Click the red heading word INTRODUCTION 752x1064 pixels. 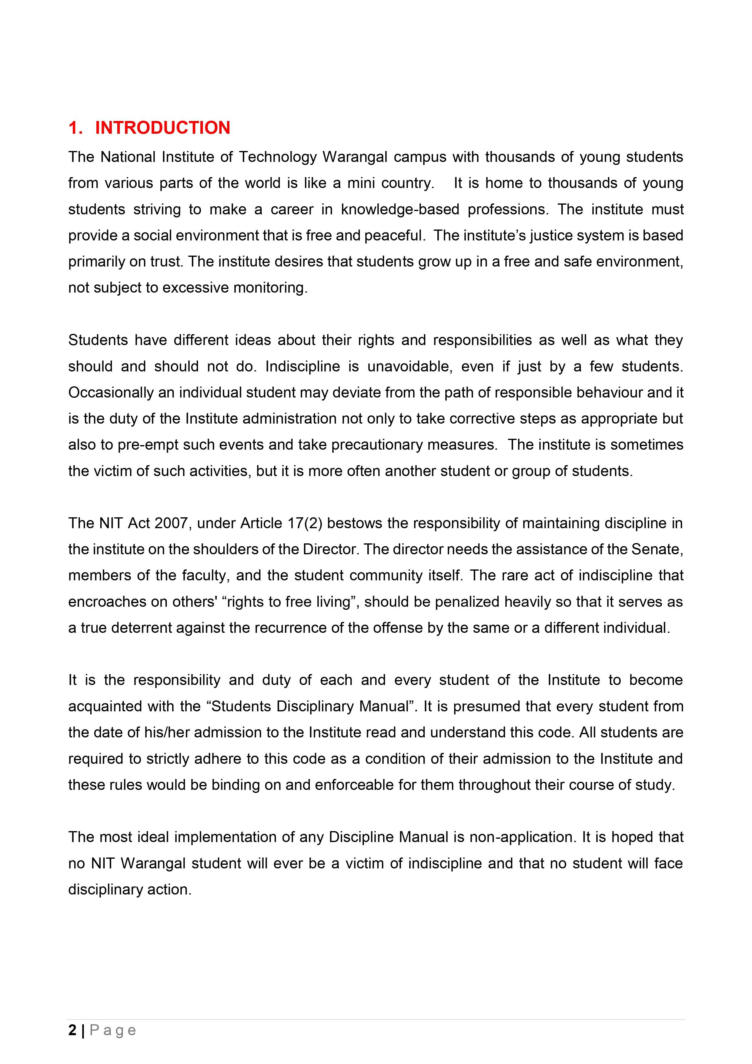[x=163, y=128]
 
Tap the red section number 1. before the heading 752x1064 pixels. [x=75, y=128]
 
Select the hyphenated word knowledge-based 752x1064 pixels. [x=400, y=210]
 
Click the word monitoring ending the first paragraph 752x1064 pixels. [x=270, y=288]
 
